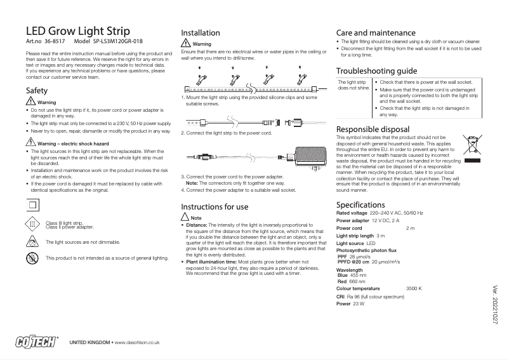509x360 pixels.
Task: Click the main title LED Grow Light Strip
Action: [x=77, y=31]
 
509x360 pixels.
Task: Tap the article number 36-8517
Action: [x=55, y=41]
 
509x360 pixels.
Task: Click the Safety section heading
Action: [x=36, y=91]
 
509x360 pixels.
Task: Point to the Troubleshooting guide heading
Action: [x=376, y=70]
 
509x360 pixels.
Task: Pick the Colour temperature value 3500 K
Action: [x=414, y=289]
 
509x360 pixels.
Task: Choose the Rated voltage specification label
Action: [x=352, y=213]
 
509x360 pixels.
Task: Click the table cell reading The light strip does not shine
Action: [x=354, y=86]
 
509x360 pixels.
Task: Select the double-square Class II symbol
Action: [x=32, y=204]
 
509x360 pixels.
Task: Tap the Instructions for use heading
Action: [x=215, y=206]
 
